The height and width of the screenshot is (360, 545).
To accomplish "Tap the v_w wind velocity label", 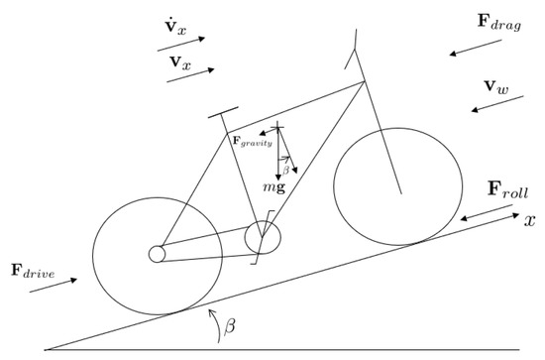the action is tap(496, 87).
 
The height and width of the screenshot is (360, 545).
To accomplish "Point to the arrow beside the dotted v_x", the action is tap(187, 43).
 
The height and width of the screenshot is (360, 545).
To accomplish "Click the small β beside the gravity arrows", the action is tap(286, 170).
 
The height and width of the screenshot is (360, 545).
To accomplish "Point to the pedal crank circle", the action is tap(263, 237).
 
